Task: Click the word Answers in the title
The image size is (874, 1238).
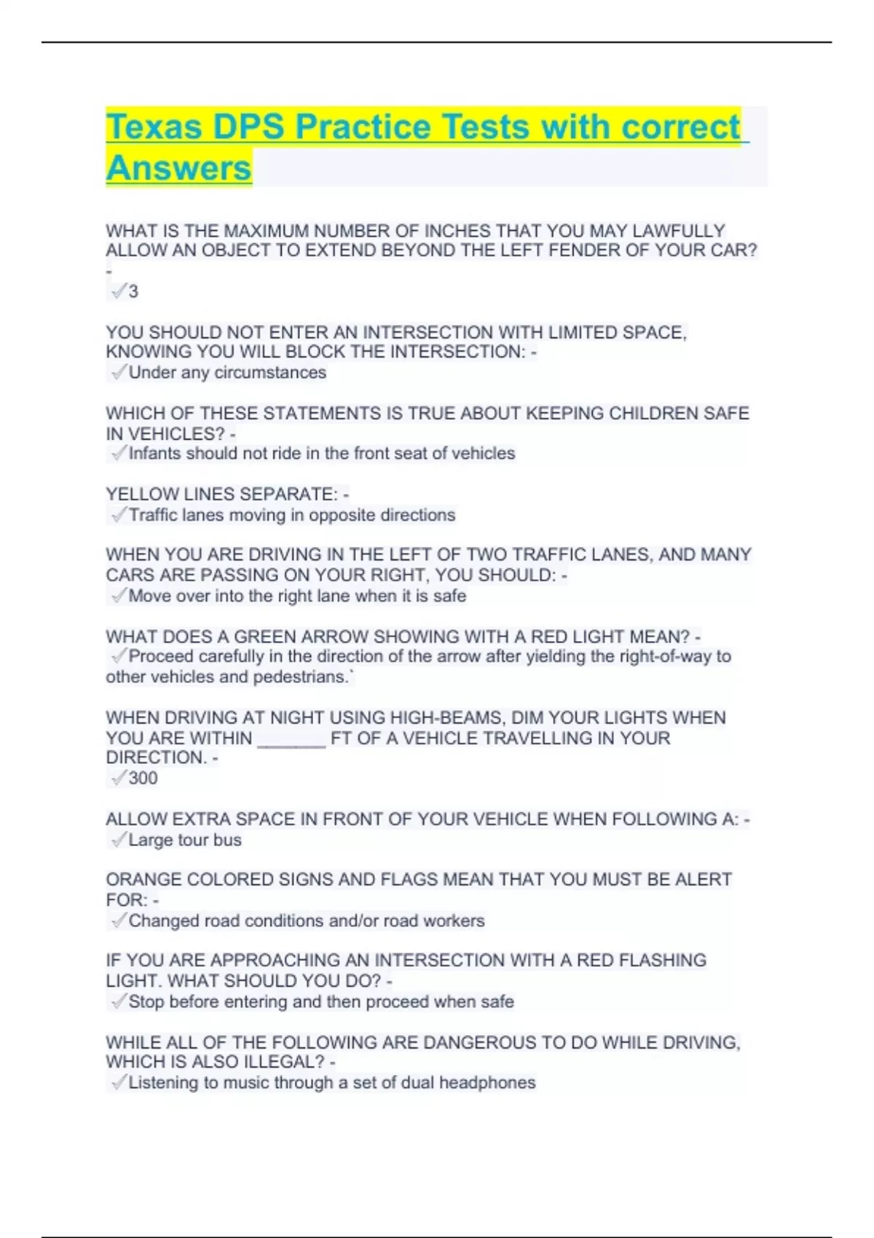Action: (x=178, y=167)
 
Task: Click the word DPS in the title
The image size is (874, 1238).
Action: (x=248, y=127)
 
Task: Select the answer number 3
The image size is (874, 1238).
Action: (x=133, y=291)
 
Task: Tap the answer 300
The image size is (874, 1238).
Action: (x=143, y=778)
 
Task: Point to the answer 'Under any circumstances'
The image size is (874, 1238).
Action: (x=227, y=372)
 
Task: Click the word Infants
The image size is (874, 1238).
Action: (x=155, y=453)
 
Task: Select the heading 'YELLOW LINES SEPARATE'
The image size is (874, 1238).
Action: (x=221, y=494)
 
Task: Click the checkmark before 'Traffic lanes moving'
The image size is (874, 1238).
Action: (x=118, y=515)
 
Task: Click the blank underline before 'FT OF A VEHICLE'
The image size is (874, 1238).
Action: (x=291, y=738)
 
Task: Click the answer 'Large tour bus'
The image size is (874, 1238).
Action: (x=185, y=840)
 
